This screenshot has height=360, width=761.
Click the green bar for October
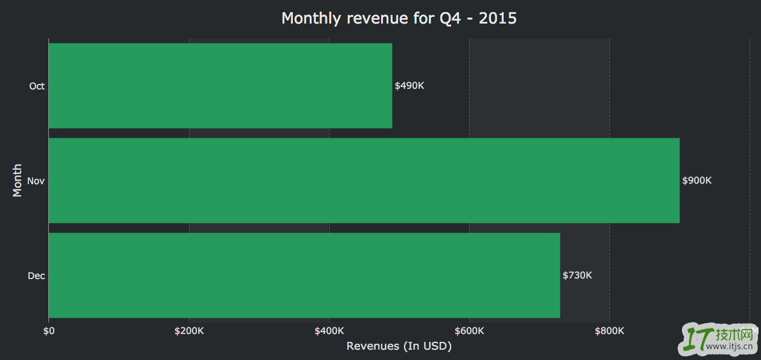[220, 86]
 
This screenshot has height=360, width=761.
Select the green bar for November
[364, 181]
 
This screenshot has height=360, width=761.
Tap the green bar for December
[304, 275]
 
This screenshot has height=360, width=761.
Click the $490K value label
[409, 86]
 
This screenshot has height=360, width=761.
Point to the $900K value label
[697, 181]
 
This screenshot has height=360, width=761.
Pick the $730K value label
[577, 275]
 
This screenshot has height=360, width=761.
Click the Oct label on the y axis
[37, 86]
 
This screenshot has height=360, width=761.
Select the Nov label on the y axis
[36, 181]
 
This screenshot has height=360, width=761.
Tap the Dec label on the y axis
[36, 276]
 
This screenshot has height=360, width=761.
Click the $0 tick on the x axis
[49, 331]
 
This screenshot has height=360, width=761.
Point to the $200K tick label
[189, 331]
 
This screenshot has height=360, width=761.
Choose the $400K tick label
[329, 331]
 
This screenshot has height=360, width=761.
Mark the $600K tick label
[469, 331]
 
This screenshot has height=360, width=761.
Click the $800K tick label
[609, 331]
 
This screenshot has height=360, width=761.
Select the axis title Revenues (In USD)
[399, 346]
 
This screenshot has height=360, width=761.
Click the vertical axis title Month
[18, 180]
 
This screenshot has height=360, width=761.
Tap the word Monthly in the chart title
[312, 18]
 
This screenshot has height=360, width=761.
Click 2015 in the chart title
[498, 18]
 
